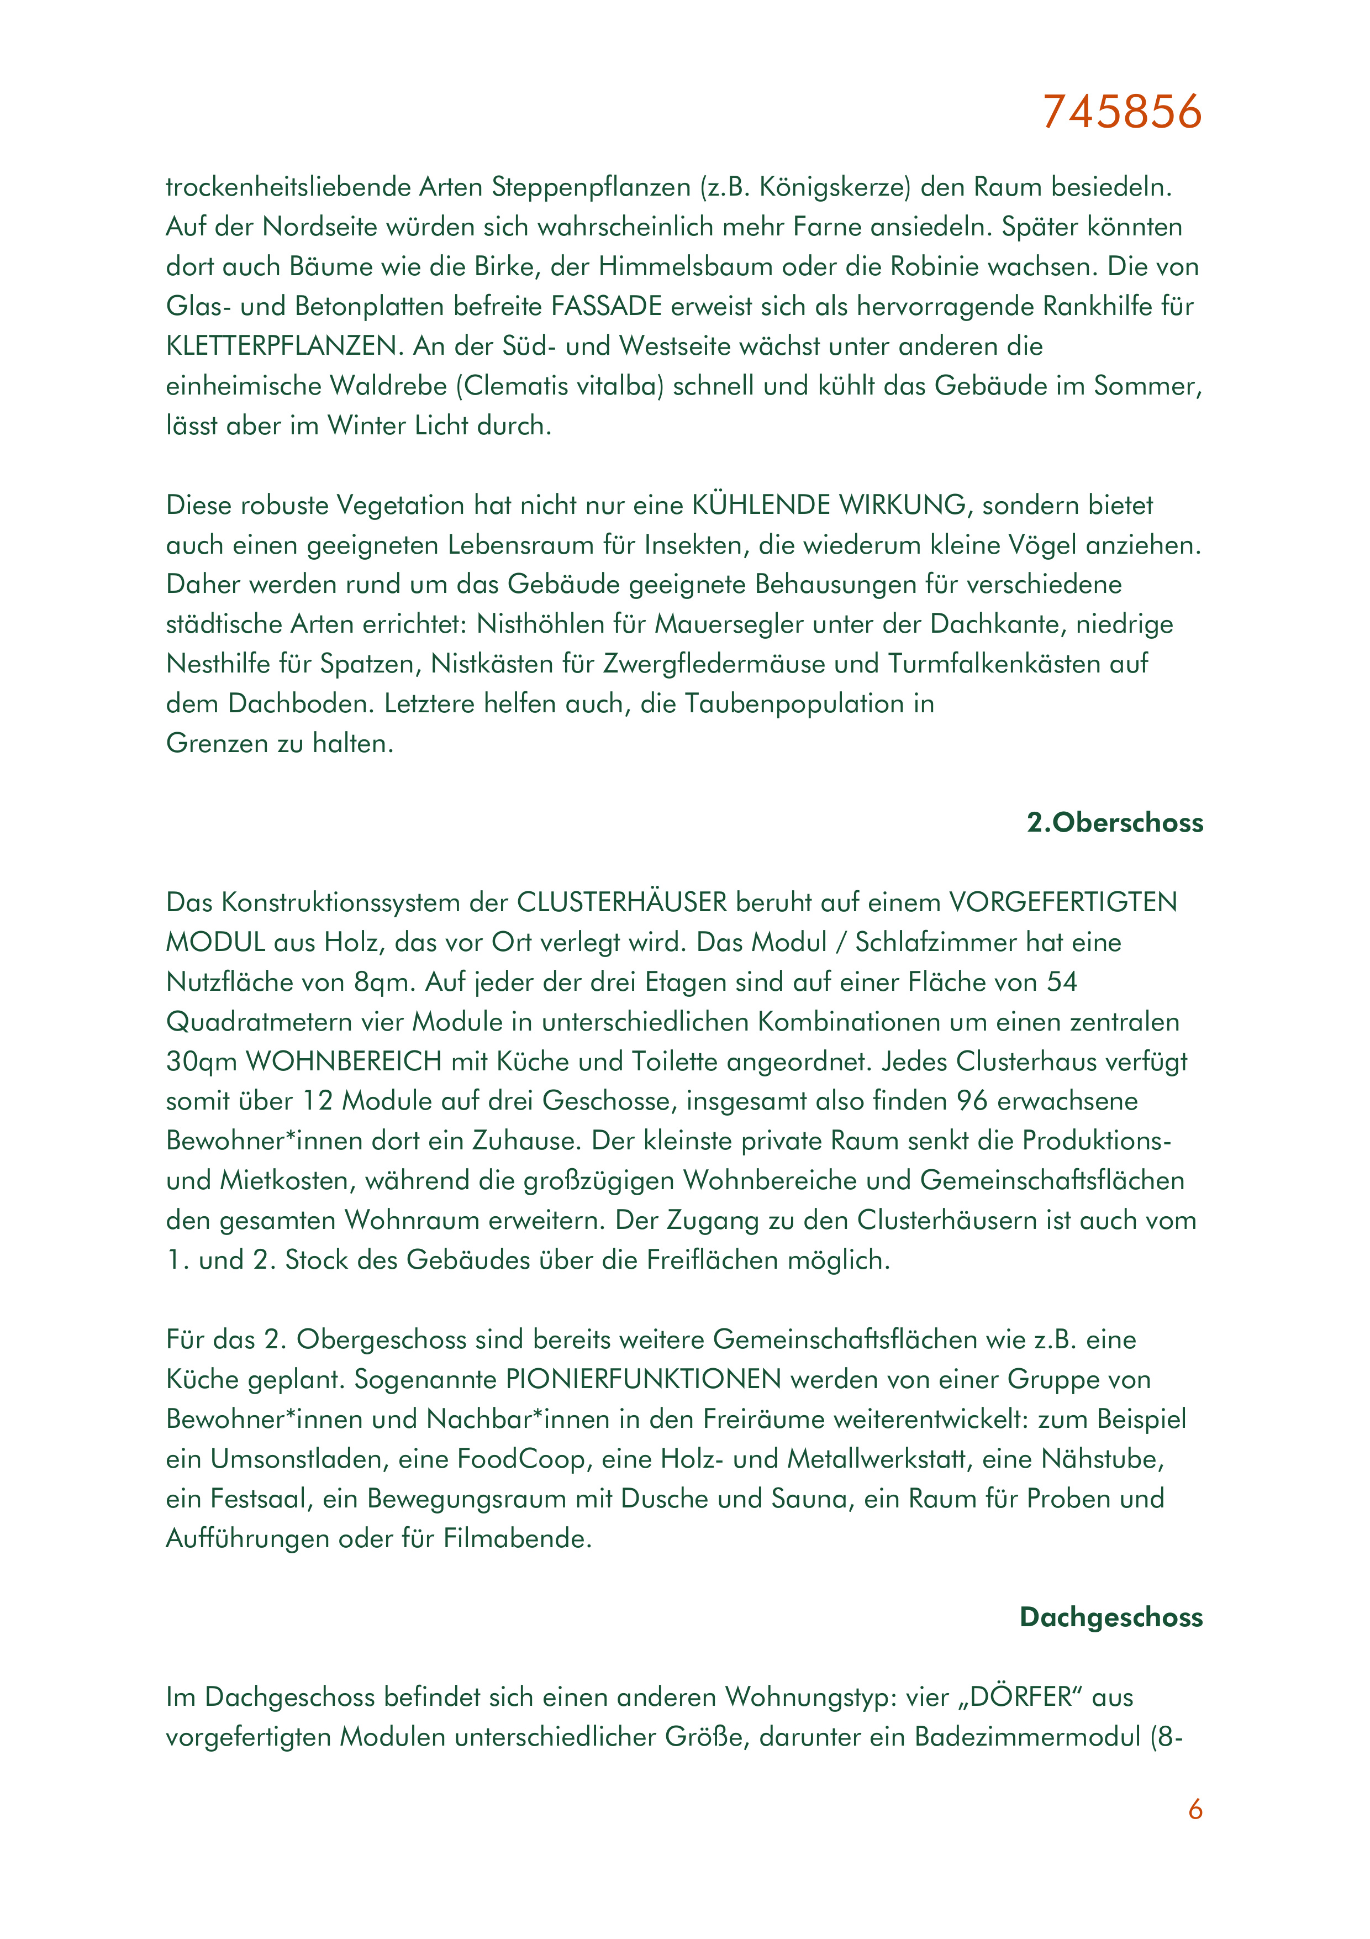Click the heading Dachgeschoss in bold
(1111, 1616)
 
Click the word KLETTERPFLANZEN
(282, 345)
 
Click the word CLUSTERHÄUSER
(621, 902)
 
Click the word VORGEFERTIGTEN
(1063, 902)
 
